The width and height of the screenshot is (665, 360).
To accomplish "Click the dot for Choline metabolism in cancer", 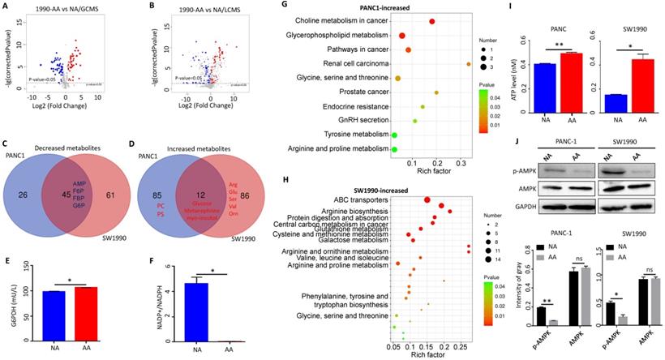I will pyautogui.click(x=432, y=21).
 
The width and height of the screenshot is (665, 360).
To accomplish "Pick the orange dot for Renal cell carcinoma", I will pyautogui.click(x=469, y=63).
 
